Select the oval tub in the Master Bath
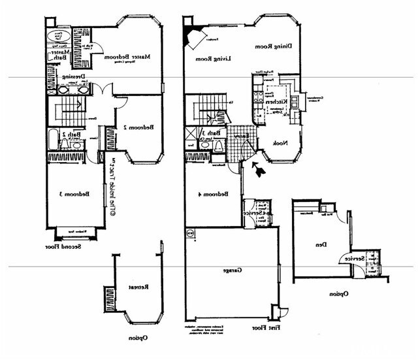coord(59,37)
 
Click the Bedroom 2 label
coord(138,127)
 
